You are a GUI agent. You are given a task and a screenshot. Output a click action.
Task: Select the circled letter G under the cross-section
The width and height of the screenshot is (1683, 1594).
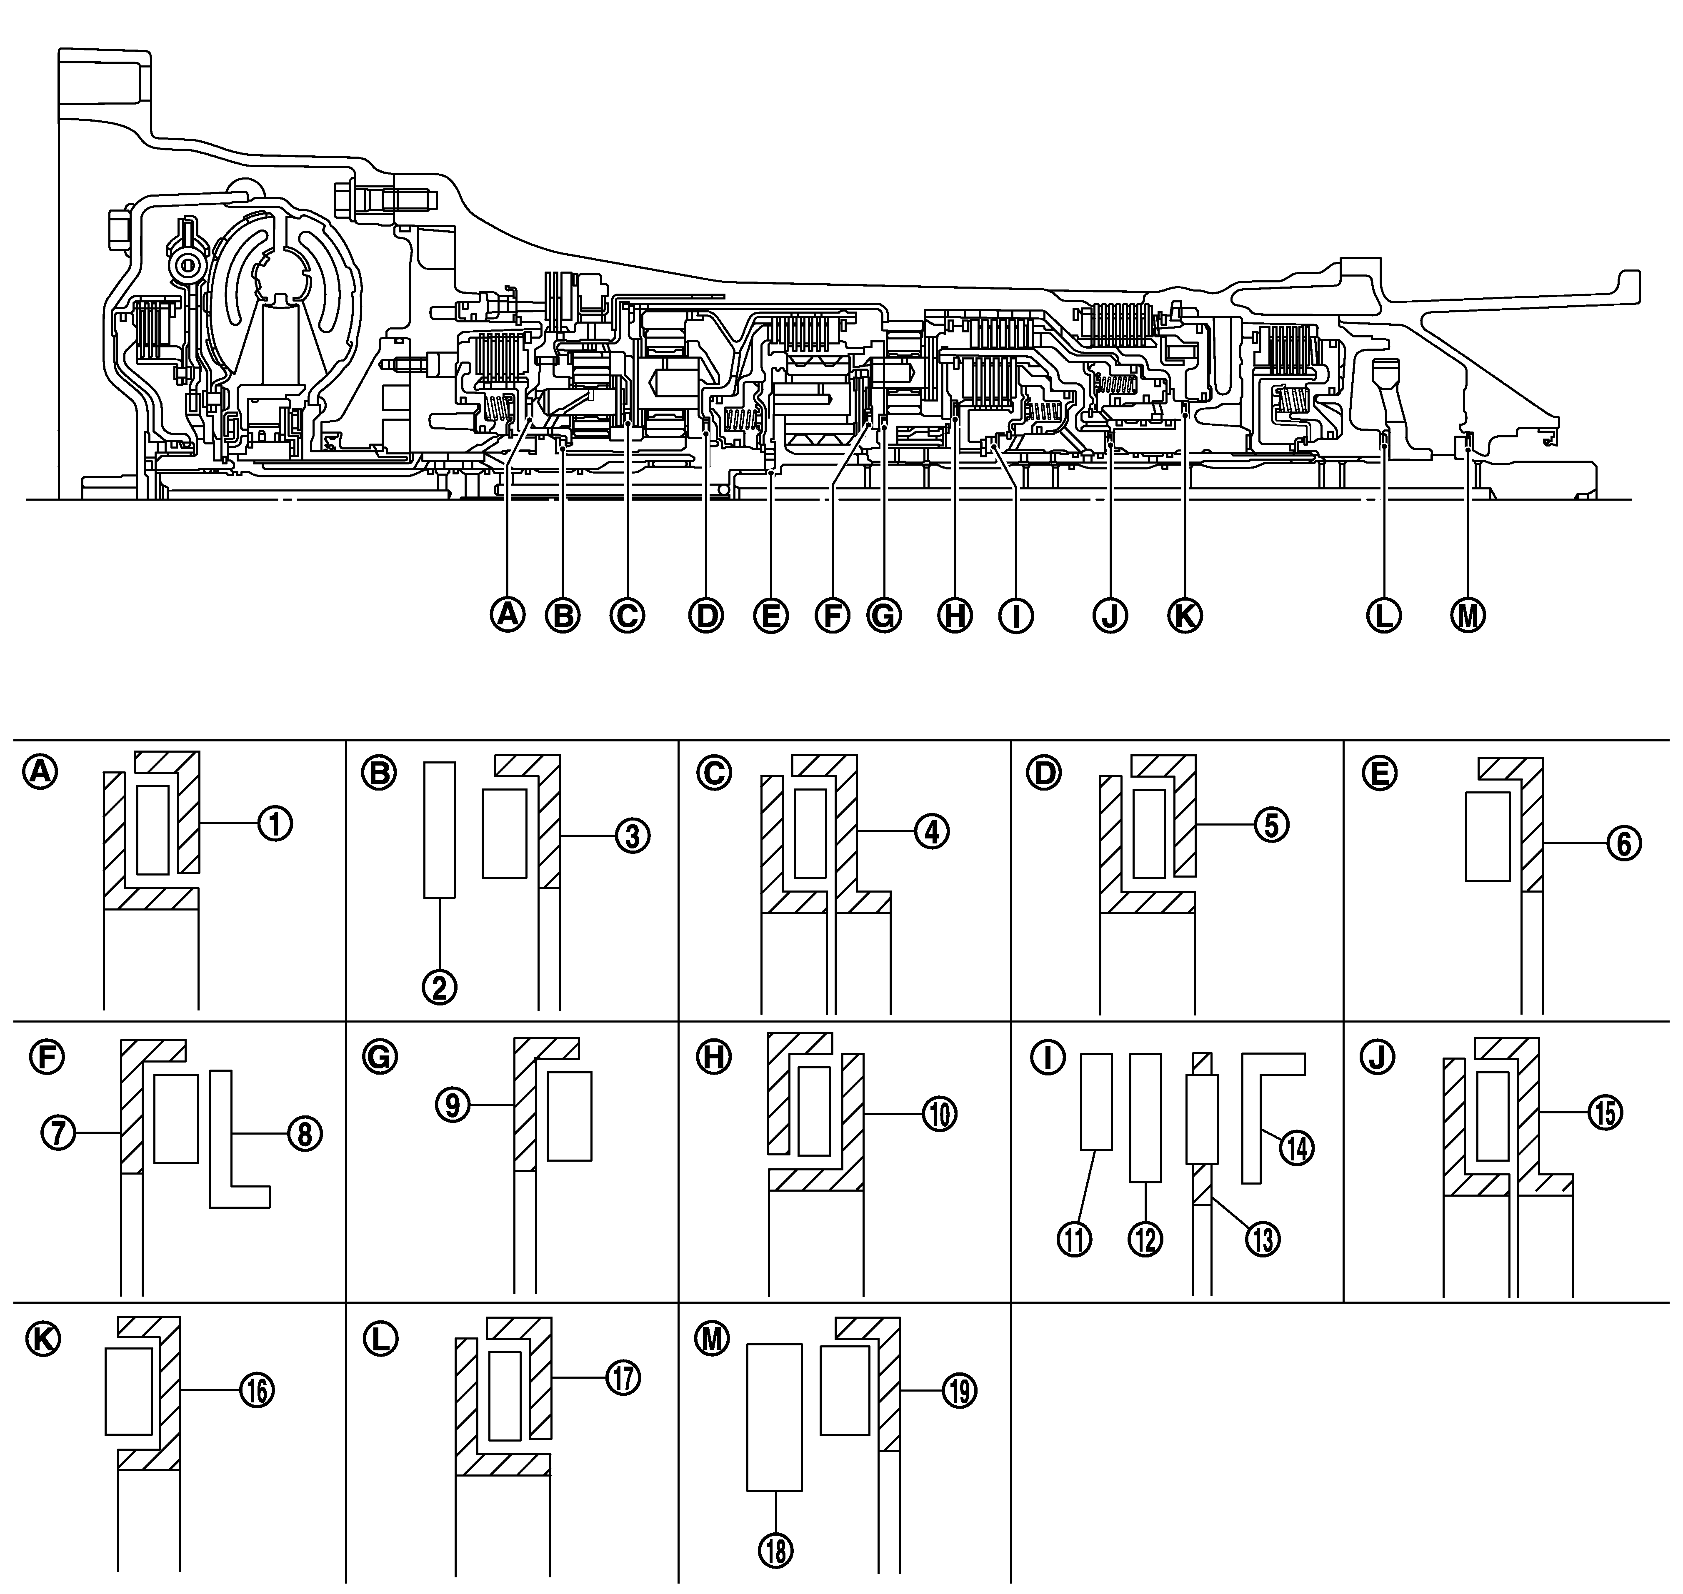(x=883, y=615)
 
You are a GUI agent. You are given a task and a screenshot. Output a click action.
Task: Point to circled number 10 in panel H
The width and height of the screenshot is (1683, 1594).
(x=938, y=1113)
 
